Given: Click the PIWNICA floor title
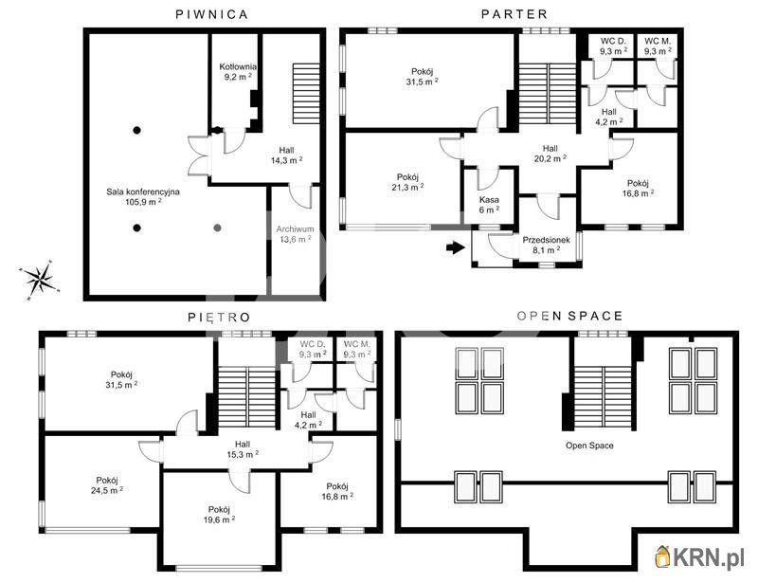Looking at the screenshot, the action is click(211, 14).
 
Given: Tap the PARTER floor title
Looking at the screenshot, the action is click(514, 14).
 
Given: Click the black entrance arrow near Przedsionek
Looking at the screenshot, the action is click(456, 247).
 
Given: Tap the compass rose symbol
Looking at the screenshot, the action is click(40, 281).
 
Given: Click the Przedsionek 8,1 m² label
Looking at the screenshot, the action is click(547, 245).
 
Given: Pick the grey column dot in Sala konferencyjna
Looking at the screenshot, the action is click(218, 228).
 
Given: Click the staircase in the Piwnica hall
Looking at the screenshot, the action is click(306, 93).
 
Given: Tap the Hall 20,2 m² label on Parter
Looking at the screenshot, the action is click(550, 154).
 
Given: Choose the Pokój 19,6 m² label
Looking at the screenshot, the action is click(219, 515).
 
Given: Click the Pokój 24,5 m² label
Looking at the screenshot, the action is click(107, 485).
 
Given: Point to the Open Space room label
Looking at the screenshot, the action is click(589, 446).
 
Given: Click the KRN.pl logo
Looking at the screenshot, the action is click(699, 557).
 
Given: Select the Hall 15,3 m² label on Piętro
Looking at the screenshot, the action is click(243, 449).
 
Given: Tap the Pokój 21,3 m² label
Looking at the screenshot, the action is click(407, 182).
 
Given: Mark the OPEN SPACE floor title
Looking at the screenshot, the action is click(569, 317).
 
